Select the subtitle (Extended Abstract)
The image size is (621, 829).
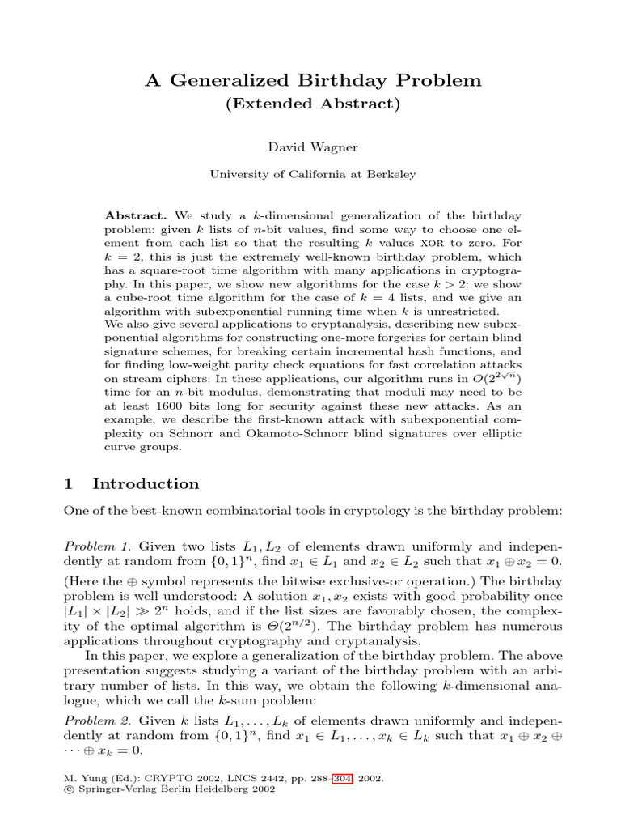310,104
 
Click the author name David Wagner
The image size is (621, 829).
310,147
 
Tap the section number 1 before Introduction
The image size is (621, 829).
68,484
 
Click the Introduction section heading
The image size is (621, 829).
146,484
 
